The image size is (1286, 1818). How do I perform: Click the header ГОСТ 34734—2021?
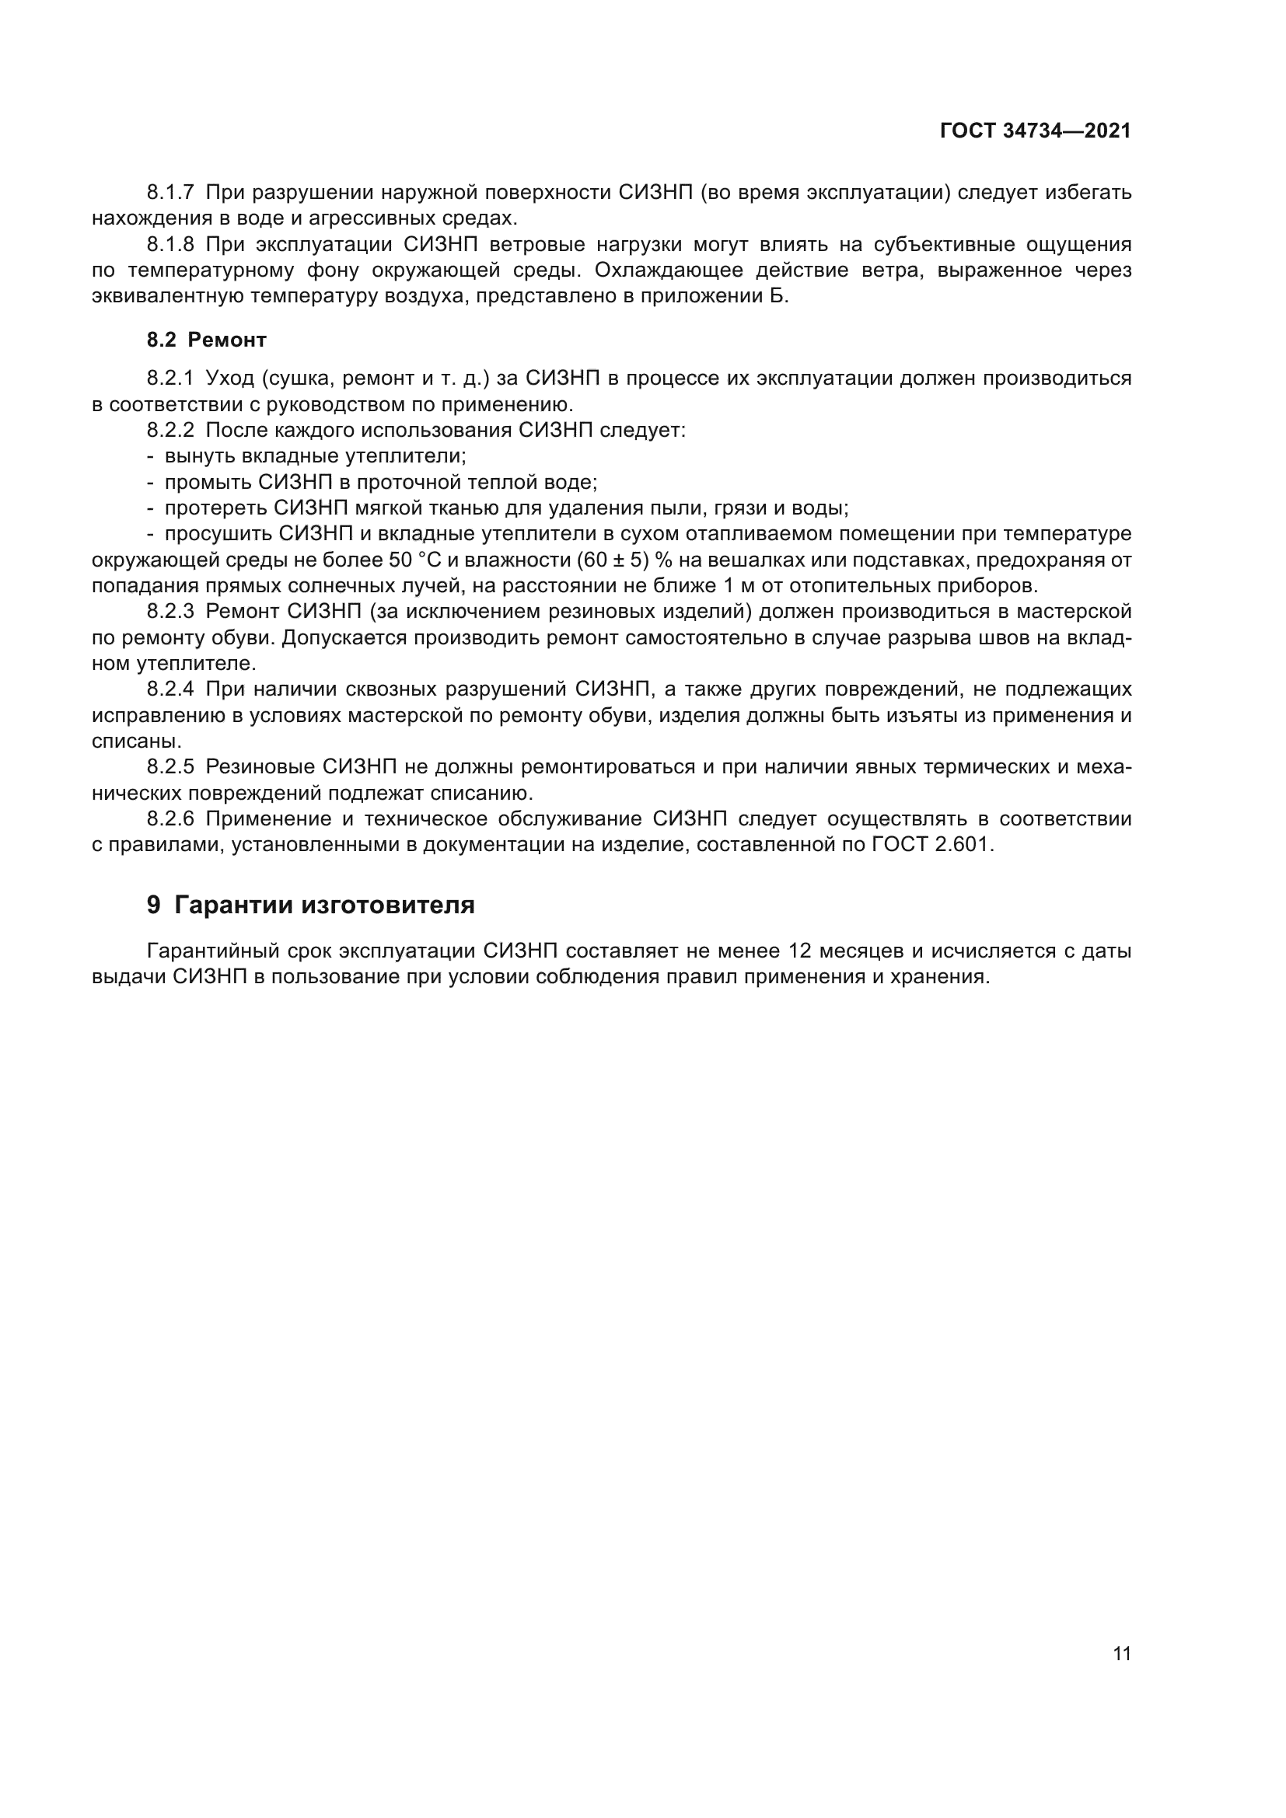(x=1035, y=131)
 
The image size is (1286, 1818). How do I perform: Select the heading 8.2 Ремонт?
(x=206, y=340)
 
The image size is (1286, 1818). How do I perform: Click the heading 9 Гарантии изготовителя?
(x=310, y=904)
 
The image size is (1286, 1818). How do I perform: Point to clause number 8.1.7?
(x=170, y=193)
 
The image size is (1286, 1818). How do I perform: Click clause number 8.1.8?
(x=170, y=244)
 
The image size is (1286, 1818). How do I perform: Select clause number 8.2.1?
(x=170, y=379)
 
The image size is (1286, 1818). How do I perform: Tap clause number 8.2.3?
(x=170, y=611)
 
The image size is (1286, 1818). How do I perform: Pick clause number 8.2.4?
(x=170, y=689)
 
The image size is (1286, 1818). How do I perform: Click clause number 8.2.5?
(x=170, y=766)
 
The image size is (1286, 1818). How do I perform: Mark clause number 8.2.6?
(x=170, y=818)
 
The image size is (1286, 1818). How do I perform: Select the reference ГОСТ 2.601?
(x=930, y=844)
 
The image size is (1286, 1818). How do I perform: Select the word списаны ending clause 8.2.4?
(x=135, y=742)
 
